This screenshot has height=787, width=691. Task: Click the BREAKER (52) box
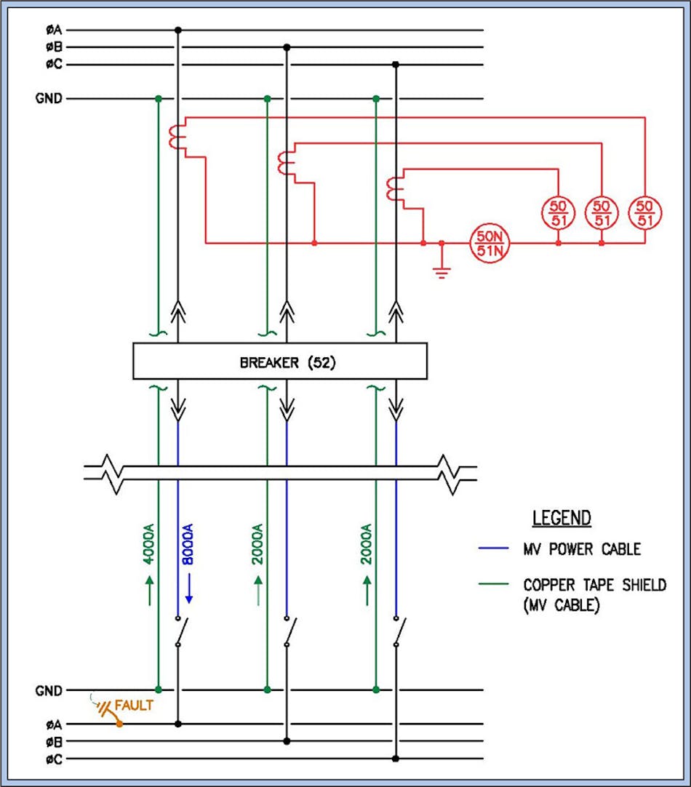pos(279,361)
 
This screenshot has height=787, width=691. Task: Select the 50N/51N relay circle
pos(489,242)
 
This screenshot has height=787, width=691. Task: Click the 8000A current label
pos(187,545)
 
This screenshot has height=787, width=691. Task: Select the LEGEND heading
pos(562,518)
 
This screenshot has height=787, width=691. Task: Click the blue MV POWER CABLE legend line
pos(497,549)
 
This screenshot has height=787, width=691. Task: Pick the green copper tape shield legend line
pos(497,585)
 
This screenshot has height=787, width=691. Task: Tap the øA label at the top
pos(54,30)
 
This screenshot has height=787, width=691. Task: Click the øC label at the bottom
pos(54,759)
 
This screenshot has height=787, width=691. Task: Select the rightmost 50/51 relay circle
pos(644,212)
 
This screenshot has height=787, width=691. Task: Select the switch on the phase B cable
pos(289,631)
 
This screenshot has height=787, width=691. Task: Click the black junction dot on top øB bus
pos(287,47)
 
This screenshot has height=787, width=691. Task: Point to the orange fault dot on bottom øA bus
pos(119,724)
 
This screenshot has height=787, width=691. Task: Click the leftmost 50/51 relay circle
pos(557,212)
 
